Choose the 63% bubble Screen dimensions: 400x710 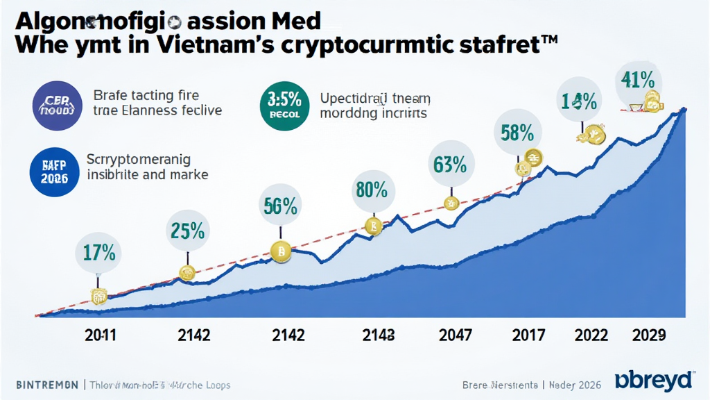click(x=449, y=165)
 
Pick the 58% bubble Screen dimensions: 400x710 click(x=516, y=133)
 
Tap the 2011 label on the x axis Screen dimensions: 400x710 click(x=101, y=335)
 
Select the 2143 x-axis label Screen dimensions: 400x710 click(x=379, y=335)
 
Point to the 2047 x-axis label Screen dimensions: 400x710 click(x=456, y=335)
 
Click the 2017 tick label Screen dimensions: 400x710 click(x=529, y=335)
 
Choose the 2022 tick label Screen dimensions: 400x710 click(x=593, y=335)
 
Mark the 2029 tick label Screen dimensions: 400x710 click(x=649, y=335)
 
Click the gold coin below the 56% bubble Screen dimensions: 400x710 click(x=282, y=253)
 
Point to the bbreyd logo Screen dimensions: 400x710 click(x=654, y=381)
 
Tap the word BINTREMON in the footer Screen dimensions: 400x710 click(x=45, y=385)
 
